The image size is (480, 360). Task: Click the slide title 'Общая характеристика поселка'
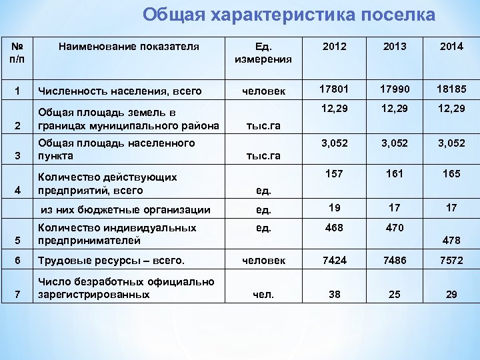coord(289,15)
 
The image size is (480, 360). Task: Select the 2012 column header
coord(333,47)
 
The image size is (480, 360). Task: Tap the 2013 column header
coord(394,47)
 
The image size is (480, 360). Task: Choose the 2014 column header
coord(451,47)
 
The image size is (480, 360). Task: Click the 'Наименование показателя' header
coord(129,47)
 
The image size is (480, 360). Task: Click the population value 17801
coord(333,89)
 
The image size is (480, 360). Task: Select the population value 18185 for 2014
coord(451,89)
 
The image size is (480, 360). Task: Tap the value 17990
coord(394,89)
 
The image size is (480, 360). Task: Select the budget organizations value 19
coord(333,207)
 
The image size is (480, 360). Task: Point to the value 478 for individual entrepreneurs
coord(451,240)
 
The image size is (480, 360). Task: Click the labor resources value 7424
coord(333,260)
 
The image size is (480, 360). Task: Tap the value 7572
coord(451,260)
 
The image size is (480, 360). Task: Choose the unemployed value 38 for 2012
coord(333,293)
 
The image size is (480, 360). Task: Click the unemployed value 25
coord(394,293)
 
